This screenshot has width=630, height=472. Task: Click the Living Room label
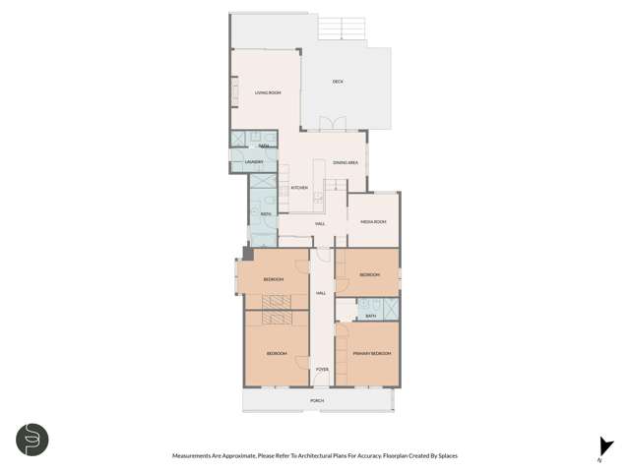click(x=268, y=93)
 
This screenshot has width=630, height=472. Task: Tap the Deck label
click(x=338, y=81)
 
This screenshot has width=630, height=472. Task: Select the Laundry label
click(x=241, y=162)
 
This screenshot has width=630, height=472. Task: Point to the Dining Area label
click(x=345, y=162)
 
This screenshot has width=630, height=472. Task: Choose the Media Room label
click(x=373, y=222)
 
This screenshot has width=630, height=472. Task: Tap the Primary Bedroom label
click(x=372, y=353)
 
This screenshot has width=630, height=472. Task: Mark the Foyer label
click(x=322, y=369)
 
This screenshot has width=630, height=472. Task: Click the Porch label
click(x=317, y=401)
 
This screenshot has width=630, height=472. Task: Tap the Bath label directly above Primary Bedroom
click(x=370, y=316)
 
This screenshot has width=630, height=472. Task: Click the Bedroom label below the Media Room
click(x=369, y=274)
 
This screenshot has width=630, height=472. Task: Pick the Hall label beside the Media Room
click(x=320, y=224)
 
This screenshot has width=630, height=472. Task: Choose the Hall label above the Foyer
click(x=321, y=293)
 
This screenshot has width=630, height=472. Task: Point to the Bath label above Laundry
click(x=264, y=146)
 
